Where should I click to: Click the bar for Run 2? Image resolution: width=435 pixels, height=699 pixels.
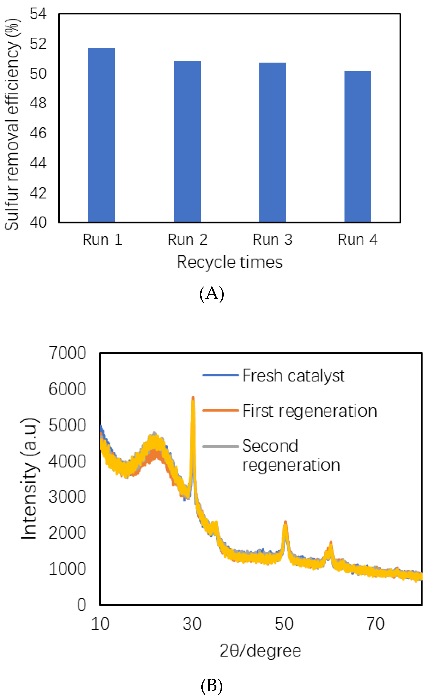pyautogui.click(x=187, y=142)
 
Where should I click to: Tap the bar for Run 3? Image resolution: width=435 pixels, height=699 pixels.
pyautogui.click(x=273, y=142)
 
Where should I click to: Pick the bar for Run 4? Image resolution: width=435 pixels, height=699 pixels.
pyautogui.click(x=358, y=147)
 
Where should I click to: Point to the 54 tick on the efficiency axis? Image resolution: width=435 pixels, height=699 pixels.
pyautogui.click(x=38, y=14)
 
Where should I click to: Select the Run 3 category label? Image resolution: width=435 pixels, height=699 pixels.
pyautogui.click(x=273, y=240)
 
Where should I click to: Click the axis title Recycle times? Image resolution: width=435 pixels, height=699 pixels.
pyautogui.click(x=230, y=262)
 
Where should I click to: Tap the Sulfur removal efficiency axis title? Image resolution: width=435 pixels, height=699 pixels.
pyautogui.click(x=12, y=124)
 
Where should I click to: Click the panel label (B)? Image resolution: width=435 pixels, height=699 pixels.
pyautogui.click(x=211, y=685)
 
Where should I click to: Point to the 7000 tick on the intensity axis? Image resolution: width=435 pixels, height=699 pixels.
pyautogui.click(x=67, y=353)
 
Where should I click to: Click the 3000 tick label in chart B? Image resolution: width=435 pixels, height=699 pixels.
pyautogui.click(x=67, y=497)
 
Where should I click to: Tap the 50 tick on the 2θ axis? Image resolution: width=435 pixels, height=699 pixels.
pyautogui.click(x=284, y=624)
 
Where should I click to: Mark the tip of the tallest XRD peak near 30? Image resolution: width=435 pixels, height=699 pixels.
pyautogui.click(x=193, y=397)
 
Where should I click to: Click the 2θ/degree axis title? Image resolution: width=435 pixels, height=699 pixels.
pyautogui.click(x=260, y=651)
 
